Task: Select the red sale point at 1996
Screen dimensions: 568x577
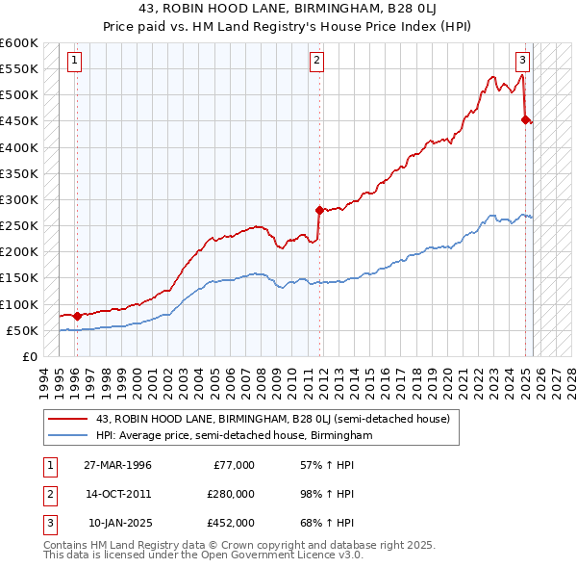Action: click(77, 315)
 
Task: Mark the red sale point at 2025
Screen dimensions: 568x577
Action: click(526, 119)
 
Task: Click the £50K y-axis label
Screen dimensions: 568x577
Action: click(21, 330)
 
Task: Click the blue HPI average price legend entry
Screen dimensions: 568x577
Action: click(234, 436)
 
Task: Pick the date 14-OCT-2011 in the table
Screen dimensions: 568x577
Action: click(118, 494)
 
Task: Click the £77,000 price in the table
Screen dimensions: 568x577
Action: click(232, 465)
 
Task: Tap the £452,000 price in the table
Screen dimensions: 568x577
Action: click(232, 523)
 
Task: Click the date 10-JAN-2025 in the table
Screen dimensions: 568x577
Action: click(119, 523)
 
